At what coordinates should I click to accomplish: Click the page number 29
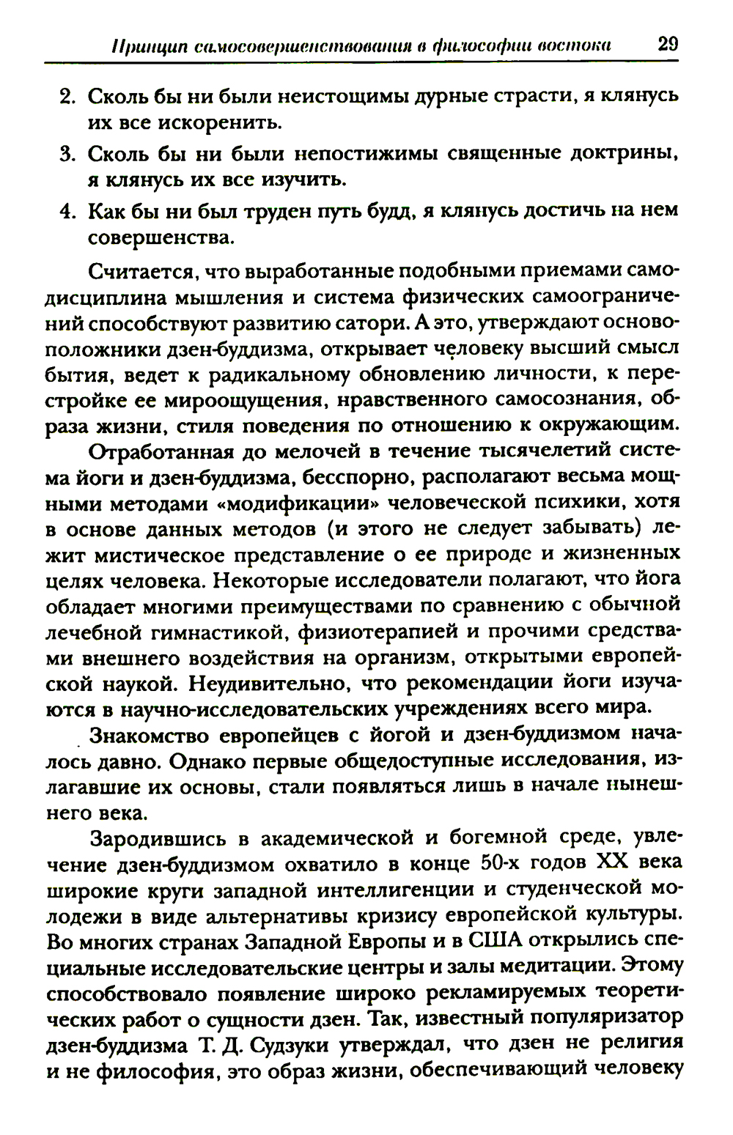pos(668,43)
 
